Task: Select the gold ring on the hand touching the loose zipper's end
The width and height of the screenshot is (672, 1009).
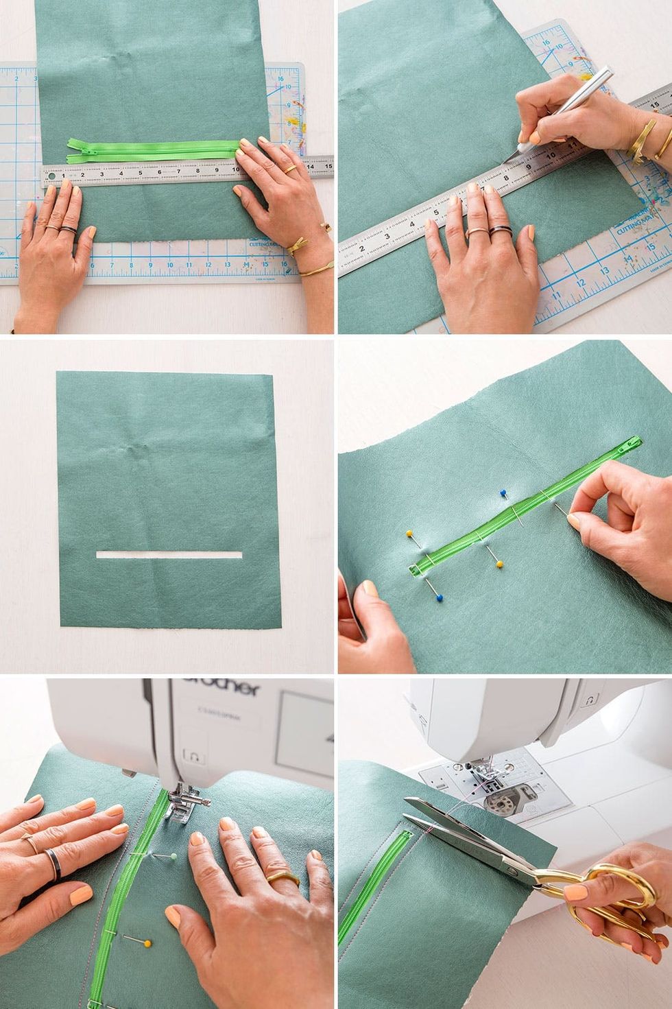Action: (x=291, y=168)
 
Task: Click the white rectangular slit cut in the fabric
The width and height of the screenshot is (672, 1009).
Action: (x=169, y=554)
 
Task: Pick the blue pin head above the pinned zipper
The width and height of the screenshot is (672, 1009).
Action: (x=503, y=493)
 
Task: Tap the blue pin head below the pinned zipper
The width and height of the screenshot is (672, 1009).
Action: (x=438, y=597)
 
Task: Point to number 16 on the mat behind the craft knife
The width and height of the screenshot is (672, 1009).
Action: (x=547, y=42)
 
